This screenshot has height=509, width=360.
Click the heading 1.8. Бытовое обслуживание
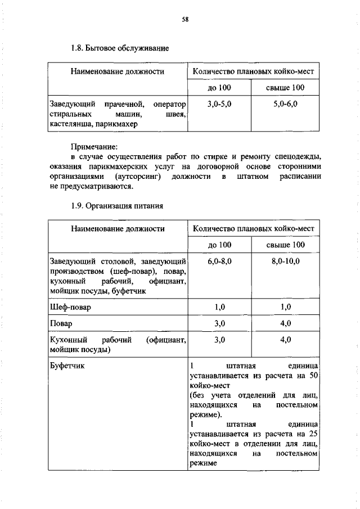[120, 48]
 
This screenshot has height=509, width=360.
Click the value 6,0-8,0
[219, 262]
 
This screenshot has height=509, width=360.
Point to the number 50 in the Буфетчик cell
[314, 375]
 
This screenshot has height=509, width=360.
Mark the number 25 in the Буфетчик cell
[314, 434]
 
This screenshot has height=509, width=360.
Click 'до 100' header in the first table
[219, 88]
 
